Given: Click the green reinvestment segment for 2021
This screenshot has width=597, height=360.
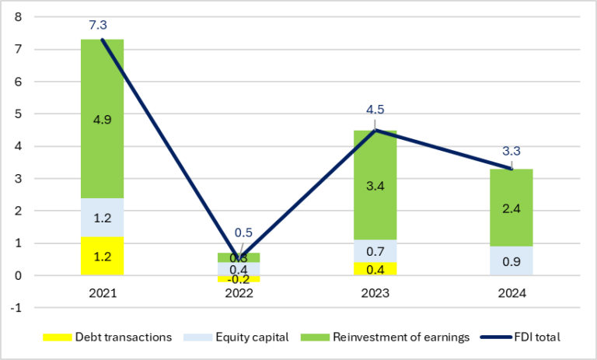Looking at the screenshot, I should click(x=102, y=117).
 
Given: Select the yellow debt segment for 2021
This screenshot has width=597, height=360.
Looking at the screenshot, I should click(x=102, y=256).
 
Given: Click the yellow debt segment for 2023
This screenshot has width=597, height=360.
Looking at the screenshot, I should click(x=375, y=269).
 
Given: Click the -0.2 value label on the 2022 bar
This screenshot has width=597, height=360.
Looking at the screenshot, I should click(x=238, y=280).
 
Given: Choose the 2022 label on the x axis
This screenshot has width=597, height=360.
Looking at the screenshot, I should click(x=238, y=293).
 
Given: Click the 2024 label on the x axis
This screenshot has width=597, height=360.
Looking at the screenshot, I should click(x=511, y=293).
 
